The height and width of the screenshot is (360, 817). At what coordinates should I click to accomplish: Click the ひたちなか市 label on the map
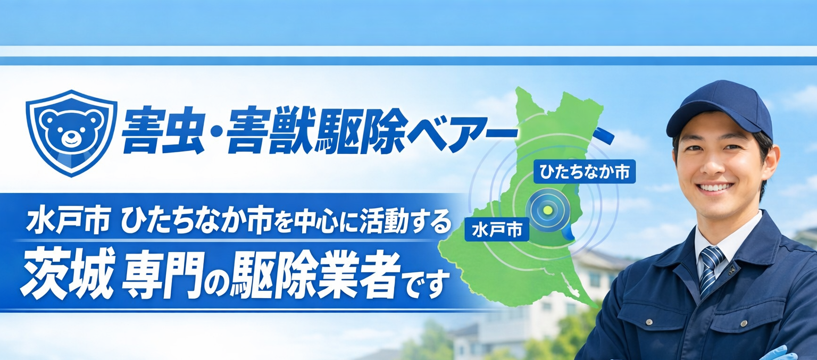584,171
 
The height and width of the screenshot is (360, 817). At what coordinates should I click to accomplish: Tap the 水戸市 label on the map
497,230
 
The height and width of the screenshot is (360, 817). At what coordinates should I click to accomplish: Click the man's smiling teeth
714,187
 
